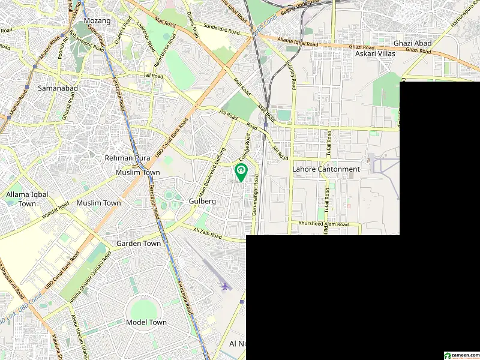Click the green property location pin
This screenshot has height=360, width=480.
click(x=241, y=172)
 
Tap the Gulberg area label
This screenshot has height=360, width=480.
click(x=202, y=202)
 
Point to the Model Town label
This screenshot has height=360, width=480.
click(x=146, y=322)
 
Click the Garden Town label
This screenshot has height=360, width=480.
click(x=139, y=244)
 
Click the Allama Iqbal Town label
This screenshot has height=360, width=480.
click(x=21, y=199)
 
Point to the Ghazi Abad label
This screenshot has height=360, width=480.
click(x=410, y=43)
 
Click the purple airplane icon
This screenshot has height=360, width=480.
click(x=225, y=286)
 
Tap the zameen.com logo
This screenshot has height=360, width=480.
click(x=460, y=355)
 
